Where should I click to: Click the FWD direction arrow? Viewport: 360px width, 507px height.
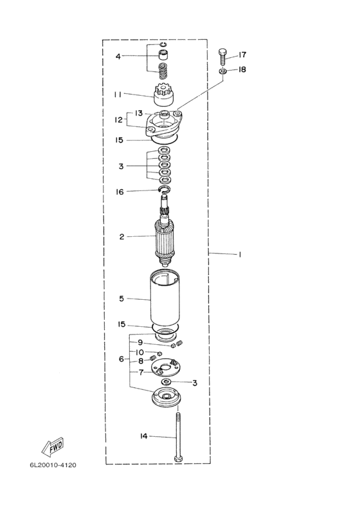point(53,448)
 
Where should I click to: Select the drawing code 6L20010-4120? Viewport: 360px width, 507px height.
point(53,465)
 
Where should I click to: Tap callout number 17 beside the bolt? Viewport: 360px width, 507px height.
point(242,55)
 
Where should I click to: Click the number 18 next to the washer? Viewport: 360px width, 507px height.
point(242,69)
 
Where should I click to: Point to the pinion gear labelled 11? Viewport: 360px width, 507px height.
point(164,95)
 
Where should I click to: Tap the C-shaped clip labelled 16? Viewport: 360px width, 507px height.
point(165,189)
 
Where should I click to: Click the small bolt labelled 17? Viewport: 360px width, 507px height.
point(222,57)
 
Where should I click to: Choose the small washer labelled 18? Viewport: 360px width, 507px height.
point(222,71)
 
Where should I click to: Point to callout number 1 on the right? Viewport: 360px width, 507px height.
point(240,255)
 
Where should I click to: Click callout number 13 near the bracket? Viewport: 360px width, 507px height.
point(139,113)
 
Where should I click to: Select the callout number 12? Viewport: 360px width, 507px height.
point(118,120)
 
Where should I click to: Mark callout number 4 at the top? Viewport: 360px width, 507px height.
point(118,56)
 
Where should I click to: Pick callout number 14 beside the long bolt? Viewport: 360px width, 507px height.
point(144,436)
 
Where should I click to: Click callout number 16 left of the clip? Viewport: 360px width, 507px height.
point(120,192)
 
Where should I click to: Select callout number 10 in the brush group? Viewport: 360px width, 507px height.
point(140,352)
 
